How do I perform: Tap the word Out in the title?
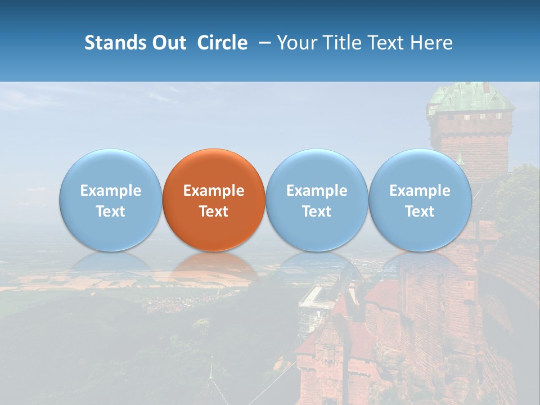(168, 43)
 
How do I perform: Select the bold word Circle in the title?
(222, 43)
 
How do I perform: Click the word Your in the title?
(296, 43)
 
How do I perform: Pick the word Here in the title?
(431, 43)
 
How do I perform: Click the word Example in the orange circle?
(214, 191)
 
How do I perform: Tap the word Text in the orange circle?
(214, 211)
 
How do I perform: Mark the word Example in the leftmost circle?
(110, 191)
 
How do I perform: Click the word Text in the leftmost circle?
(110, 211)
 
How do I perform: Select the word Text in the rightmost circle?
(420, 211)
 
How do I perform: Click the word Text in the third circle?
(317, 211)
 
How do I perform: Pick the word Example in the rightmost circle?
(420, 191)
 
